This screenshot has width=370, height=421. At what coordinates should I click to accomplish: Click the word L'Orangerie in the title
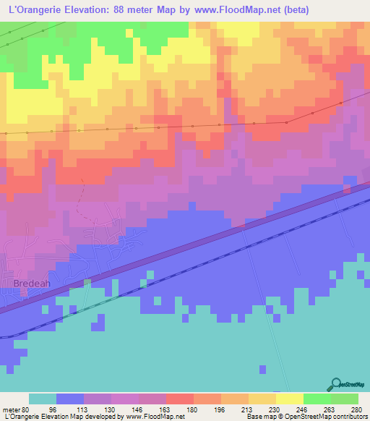click(x=33, y=10)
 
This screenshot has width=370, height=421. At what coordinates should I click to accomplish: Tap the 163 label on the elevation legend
click(x=165, y=409)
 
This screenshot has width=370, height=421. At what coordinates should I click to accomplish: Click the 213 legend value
click(x=248, y=409)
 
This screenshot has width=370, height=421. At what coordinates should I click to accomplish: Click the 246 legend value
click(x=303, y=409)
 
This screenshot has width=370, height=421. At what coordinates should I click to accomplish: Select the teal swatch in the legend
click(x=42, y=399)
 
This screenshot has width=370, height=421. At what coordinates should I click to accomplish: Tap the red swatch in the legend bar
click(x=179, y=399)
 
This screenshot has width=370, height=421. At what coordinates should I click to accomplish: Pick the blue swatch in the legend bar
click(x=69, y=399)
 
